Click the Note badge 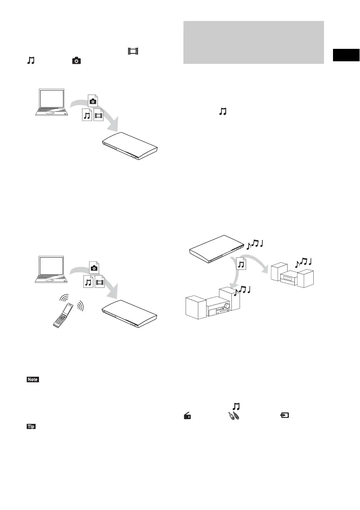coord(33,380)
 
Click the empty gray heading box coord(253,42)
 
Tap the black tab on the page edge coord(346,56)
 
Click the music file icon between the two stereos coord(241,264)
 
